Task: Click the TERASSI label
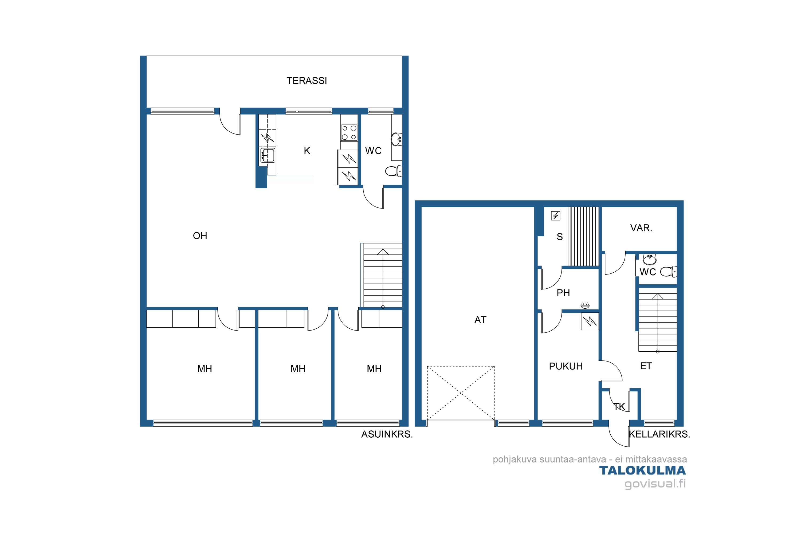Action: click(x=307, y=81)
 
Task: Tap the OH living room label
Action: click(x=200, y=236)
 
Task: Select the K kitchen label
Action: click(x=307, y=151)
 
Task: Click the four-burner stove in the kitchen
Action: click(x=349, y=132)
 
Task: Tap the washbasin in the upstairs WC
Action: click(x=396, y=139)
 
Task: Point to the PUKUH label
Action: click(x=566, y=366)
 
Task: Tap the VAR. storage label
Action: click(x=641, y=228)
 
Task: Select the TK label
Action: click(x=619, y=406)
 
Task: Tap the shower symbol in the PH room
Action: click(x=585, y=305)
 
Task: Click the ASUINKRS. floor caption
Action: click(x=387, y=435)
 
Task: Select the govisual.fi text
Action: click(x=655, y=484)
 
